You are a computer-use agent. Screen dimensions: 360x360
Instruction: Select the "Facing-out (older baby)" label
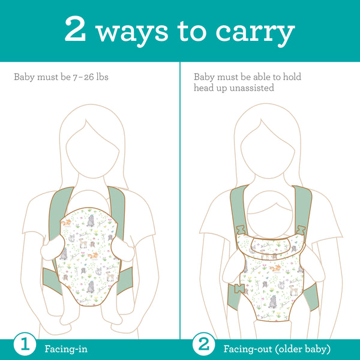[x=277, y=348]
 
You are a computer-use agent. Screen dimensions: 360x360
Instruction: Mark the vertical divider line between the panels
[x=180, y=198]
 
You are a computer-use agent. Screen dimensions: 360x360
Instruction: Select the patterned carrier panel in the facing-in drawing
[x=90, y=252]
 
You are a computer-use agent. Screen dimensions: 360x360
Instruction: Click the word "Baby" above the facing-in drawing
[x=25, y=77]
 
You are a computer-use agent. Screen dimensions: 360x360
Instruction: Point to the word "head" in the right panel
[x=205, y=88]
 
